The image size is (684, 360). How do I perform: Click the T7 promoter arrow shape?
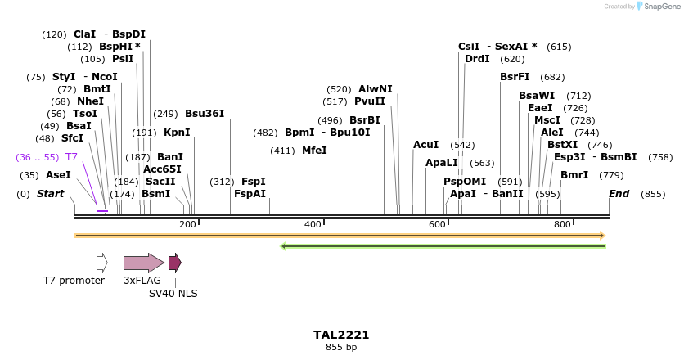pyautogui.click(x=102, y=263)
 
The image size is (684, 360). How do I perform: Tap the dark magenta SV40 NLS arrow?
pyautogui.click(x=174, y=263)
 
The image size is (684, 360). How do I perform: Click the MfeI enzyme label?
pyautogui.click(x=314, y=151)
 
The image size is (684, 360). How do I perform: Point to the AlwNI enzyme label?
pyautogui.click(x=376, y=89)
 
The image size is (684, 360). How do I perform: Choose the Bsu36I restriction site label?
pyautogui.click(x=205, y=114)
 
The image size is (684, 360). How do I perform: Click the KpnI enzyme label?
pyautogui.click(x=177, y=133)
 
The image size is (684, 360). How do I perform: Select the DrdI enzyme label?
pyautogui.click(x=477, y=59)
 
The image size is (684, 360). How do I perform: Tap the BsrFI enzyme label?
pyautogui.click(x=515, y=77)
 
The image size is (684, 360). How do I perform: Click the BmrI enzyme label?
pyautogui.click(x=574, y=175)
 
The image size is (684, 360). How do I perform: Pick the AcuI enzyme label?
pyautogui.click(x=426, y=145)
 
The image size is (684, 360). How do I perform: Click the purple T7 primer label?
pyautogui.click(x=71, y=156)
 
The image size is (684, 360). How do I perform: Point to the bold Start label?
pyautogui.click(x=50, y=194)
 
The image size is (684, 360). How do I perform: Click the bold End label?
pyautogui.click(x=619, y=194)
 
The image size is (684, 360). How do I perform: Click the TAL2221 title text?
pyautogui.click(x=341, y=335)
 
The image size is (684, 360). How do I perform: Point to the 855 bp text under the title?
pyautogui.click(x=341, y=347)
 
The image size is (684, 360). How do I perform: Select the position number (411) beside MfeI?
pyautogui.click(x=282, y=151)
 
